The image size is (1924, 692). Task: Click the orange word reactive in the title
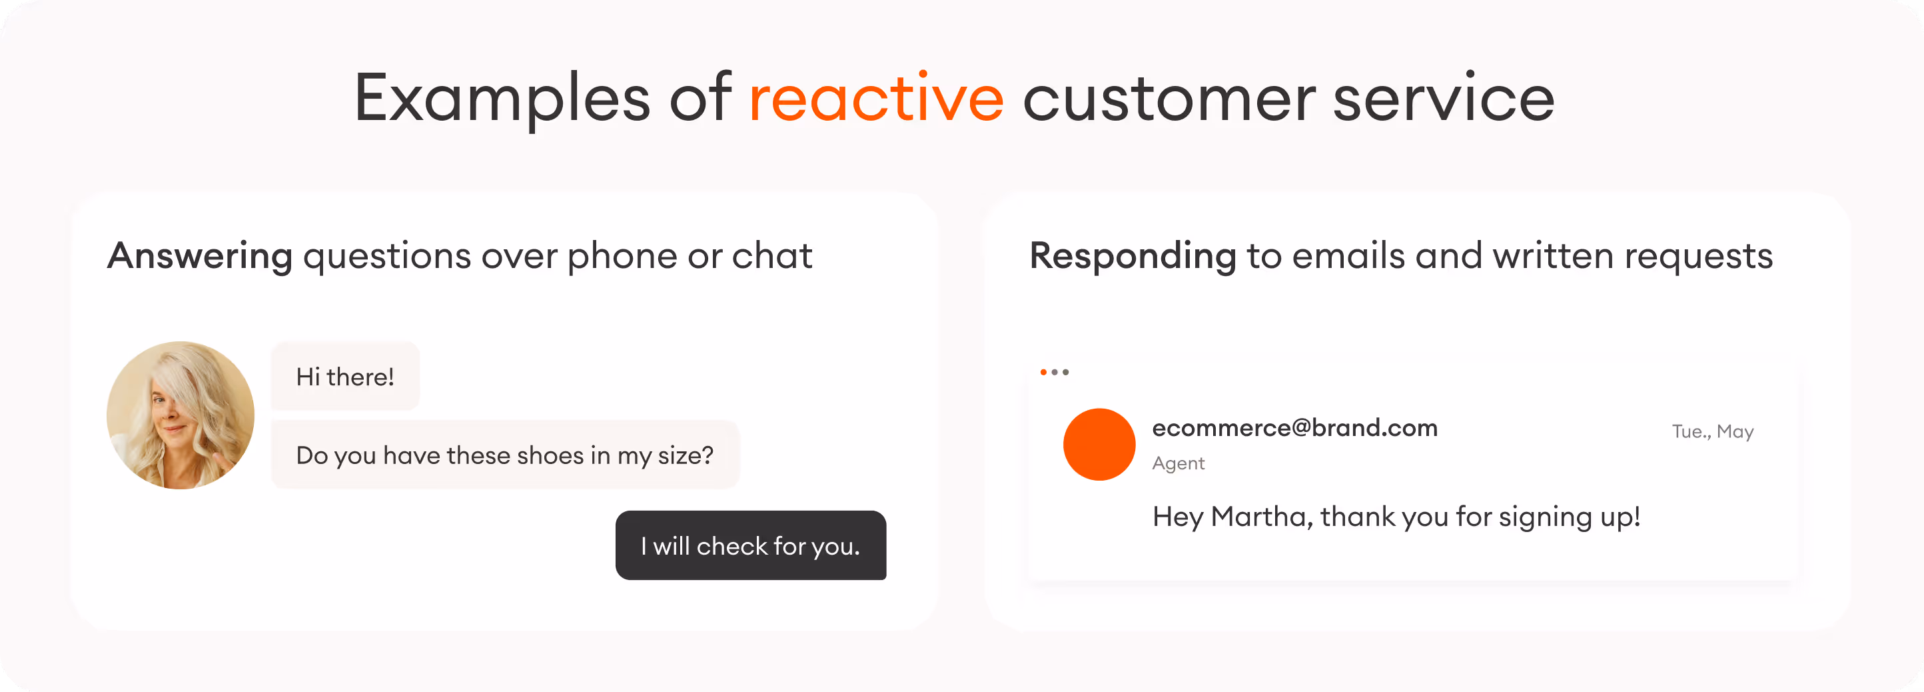point(876,99)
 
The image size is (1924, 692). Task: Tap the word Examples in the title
point(502,99)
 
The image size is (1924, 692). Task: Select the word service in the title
point(1443,99)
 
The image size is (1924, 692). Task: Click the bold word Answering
point(199,256)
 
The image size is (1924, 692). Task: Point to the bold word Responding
point(1133,256)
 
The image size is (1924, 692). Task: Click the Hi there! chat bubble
point(345,377)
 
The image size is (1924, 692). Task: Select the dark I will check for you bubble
point(751,545)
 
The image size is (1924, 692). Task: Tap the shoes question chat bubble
point(505,455)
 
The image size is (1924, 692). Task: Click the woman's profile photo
point(180,415)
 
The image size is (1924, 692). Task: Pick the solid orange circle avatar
point(1099,445)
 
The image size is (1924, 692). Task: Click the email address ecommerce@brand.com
point(1294,428)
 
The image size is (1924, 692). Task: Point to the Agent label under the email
point(1178,463)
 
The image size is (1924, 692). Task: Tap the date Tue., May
point(1712,432)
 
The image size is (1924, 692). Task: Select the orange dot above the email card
point(1043,372)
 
